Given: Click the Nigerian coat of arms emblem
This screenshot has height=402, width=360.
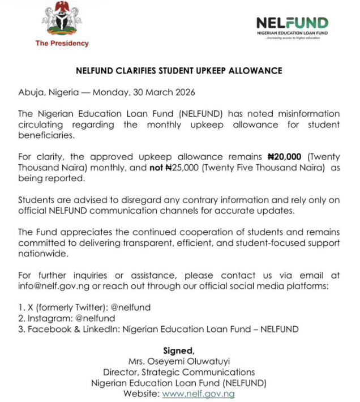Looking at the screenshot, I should click(x=61, y=20).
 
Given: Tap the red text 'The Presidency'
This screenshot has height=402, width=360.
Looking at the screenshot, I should click(x=62, y=44).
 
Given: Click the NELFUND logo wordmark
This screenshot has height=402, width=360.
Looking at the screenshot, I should click(x=292, y=23).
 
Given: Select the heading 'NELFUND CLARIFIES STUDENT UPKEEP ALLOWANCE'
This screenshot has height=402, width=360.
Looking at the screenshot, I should click(x=179, y=71).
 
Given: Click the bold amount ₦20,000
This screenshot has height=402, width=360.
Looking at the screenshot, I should click(x=288, y=156).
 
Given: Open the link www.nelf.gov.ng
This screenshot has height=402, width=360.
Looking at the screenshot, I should click(x=198, y=394).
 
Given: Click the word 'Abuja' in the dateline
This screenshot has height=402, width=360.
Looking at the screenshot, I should click(x=31, y=92).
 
